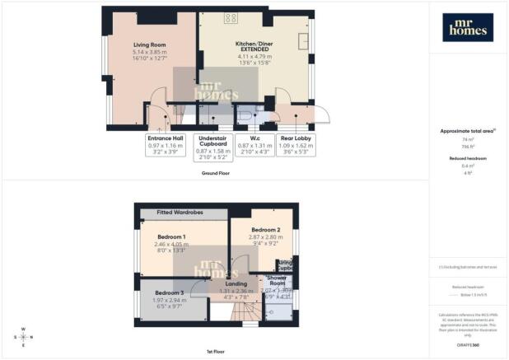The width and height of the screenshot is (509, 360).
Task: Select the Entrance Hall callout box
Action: click(x=166, y=145)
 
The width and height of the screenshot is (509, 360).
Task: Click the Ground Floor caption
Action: click(x=214, y=175)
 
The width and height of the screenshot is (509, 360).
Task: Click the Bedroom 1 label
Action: click(x=171, y=236)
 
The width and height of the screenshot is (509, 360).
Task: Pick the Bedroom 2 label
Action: click(x=266, y=229)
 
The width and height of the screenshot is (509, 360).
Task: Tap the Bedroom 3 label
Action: click(x=167, y=292)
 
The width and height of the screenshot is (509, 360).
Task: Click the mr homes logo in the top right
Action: click(x=468, y=26)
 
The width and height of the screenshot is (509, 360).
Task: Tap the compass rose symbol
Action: click(x=24, y=337)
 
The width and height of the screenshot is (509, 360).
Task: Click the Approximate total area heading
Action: click(x=467, y=132)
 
